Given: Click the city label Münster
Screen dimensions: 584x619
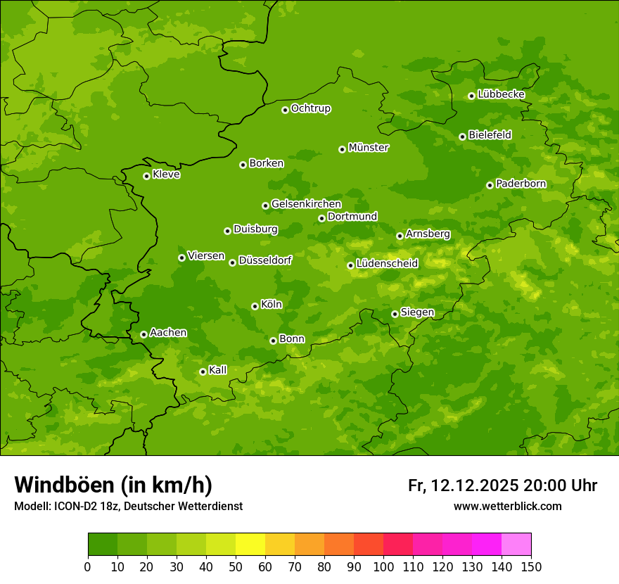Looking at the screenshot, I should coord(369,148).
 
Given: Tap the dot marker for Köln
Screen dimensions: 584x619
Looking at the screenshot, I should coord(255,306).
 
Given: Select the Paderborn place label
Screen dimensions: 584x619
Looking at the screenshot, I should coord(521,184).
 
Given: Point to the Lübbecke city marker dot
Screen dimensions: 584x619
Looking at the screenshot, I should coord(471,96).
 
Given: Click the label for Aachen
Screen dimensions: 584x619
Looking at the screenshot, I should coord(168,333).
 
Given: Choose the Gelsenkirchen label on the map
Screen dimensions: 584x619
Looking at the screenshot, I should coord(306,204).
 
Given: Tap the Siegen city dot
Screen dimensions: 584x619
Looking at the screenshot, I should coord(395,314).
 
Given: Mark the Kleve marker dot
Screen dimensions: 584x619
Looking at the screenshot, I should coord(146,176).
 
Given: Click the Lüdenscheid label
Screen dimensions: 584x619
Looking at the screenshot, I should coord(387,264).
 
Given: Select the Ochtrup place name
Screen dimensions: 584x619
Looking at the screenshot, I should coord(311,108).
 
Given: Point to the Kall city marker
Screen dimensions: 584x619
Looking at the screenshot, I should coord(203,372).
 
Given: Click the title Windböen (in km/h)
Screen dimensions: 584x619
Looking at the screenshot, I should coord(113,485).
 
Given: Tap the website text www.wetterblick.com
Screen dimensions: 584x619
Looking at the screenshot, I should coord(507,506).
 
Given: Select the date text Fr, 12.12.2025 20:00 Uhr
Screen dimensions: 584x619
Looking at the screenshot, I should coord(502,485).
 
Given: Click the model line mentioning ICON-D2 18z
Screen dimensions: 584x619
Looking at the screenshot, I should coord(128,506).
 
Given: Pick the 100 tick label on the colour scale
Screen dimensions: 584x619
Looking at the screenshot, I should coord(383,566).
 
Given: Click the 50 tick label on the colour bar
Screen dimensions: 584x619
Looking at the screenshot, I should coord(236,566).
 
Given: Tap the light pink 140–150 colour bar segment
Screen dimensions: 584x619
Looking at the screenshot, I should coord(516,545).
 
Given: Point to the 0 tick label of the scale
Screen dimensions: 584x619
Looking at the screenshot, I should coord(88,566).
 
